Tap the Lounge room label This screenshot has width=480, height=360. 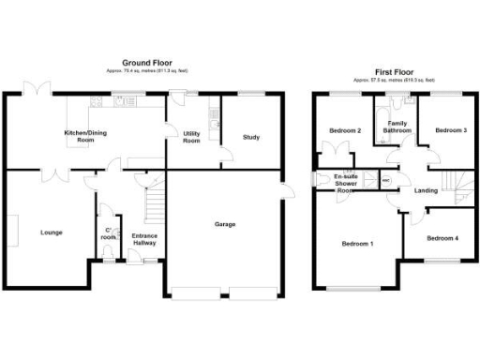(52, 232)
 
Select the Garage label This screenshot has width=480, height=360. (225, 224)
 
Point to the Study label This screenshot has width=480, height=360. (250, 138)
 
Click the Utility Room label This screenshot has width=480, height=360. (192, 138)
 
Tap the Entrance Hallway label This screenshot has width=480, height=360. (143, 239)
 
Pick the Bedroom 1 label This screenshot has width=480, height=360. (357, 244)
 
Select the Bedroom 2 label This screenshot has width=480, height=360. (346, 129)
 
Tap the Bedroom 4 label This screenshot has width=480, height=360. (442, 238)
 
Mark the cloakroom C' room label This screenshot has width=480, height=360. (109, 233)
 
